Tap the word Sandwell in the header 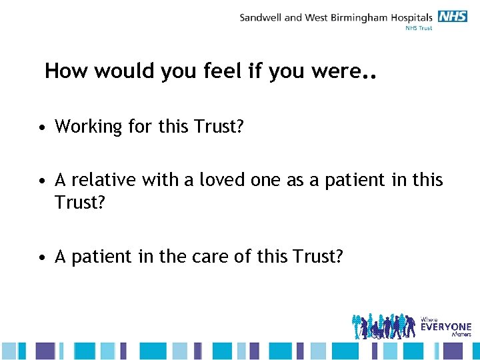point(261,17)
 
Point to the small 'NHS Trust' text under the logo point(419,28)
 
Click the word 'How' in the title point(67,71)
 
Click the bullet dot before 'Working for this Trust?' point(42,127)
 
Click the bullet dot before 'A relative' point(42,181)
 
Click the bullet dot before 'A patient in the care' point(42,257)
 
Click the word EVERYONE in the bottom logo point(445,327)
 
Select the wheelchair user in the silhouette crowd point(377,331)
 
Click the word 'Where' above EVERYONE point(430,319)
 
